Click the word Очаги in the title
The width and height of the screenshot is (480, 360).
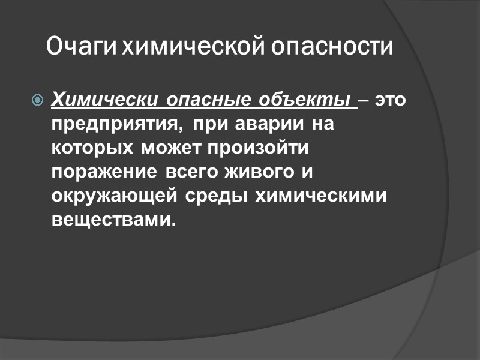point(82,47)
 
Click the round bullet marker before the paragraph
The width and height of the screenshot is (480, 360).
point(37,100)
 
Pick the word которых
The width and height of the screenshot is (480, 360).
point(94,149)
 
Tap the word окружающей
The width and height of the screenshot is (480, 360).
point(115,196)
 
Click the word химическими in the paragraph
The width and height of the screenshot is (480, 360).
point(320,196)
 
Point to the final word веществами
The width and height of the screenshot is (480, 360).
point(114,220)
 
